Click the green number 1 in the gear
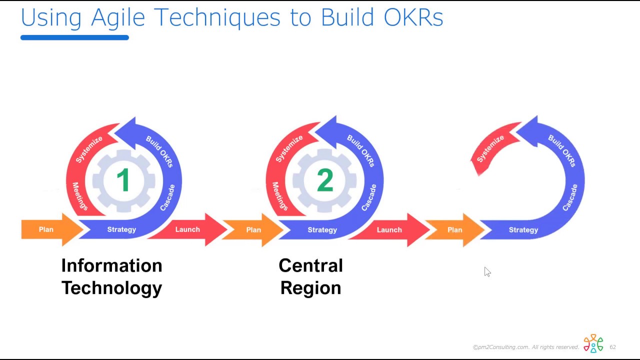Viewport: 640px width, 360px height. pyautogui.click(x=123, y=180)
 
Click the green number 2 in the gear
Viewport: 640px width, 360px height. pyautogui.click(x=325, y=180)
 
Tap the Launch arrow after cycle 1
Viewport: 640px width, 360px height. pyautogui.click(x=188, y=229)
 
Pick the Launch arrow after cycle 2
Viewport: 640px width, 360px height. pyautogui.click(x=389, y=230)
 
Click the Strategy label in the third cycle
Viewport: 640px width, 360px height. pyautogui.click(x=523, y=230)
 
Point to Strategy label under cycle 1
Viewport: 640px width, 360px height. pyautogui.click(x=121, y=229)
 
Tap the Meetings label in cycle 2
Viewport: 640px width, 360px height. pyautogui.click(x=279, y=196)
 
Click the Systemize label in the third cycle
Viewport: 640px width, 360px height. pyautogui.click(x=490, y=149)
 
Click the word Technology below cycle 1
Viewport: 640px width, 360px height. pyautogui.click(x=111, y=288)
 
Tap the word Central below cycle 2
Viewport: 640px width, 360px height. pyautogui.click(x=310, y=265)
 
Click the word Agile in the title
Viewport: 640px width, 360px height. pyautogui.click(x=118, y=18)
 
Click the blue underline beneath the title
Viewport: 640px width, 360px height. pyautogui.click(x=74, y=37)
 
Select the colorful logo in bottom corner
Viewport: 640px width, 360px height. pyautogui.click(x=593, y=343)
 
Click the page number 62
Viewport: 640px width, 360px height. pyautogui.click(x=612, y=347)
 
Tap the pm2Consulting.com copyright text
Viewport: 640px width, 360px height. pyautogui.click(x=525, y=347)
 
